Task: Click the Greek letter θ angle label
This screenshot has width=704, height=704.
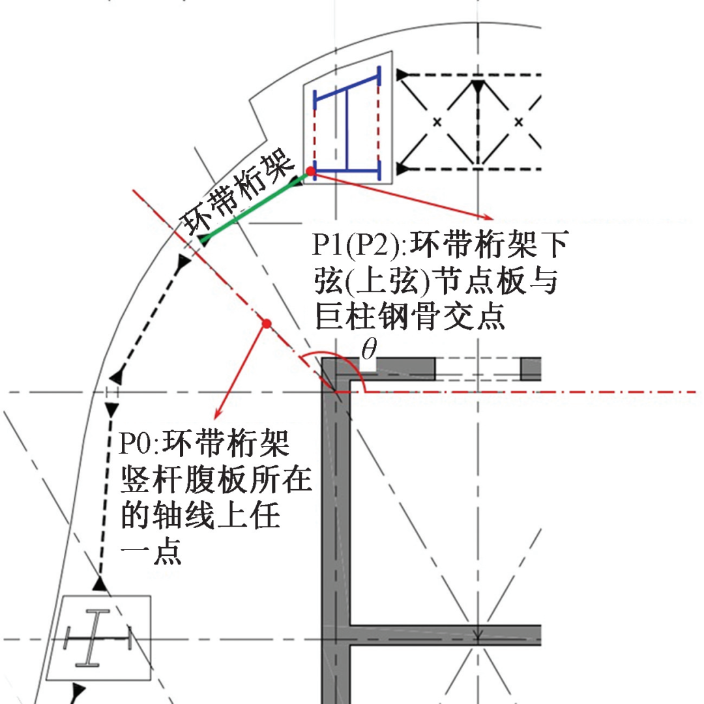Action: [x=369, y=351]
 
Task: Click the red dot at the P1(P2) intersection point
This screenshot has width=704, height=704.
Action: [x=311, y=171]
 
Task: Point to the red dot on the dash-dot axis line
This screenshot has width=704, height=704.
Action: [x=265, y=323]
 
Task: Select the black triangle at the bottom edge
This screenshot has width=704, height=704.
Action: [x=79, y=689]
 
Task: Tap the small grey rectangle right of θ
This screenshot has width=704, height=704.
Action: [x=531, y=369]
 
